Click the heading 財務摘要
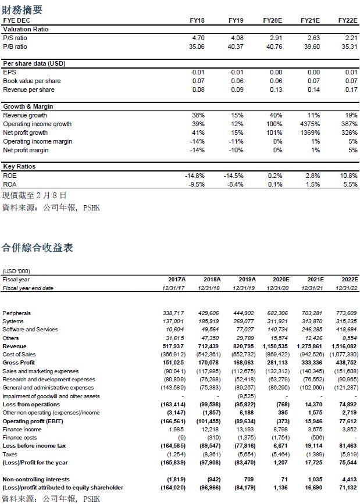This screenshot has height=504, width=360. coord(23,9)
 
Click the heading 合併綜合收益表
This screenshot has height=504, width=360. coord(37,248)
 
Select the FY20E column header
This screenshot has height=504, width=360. coord(272,20)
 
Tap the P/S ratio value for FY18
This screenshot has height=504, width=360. coord(198,38)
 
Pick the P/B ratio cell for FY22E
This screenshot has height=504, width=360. coord(345,47)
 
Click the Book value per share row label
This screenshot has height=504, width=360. coord(31,81)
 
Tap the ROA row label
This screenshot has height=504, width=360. coord(10,184)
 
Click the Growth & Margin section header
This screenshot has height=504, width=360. coord(28,107)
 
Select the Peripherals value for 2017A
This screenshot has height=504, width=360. coord(173,313)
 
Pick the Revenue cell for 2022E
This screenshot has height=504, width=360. coord(345,346)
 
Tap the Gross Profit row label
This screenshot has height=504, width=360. coord(19,363)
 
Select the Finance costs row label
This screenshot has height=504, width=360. coord(20,438)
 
